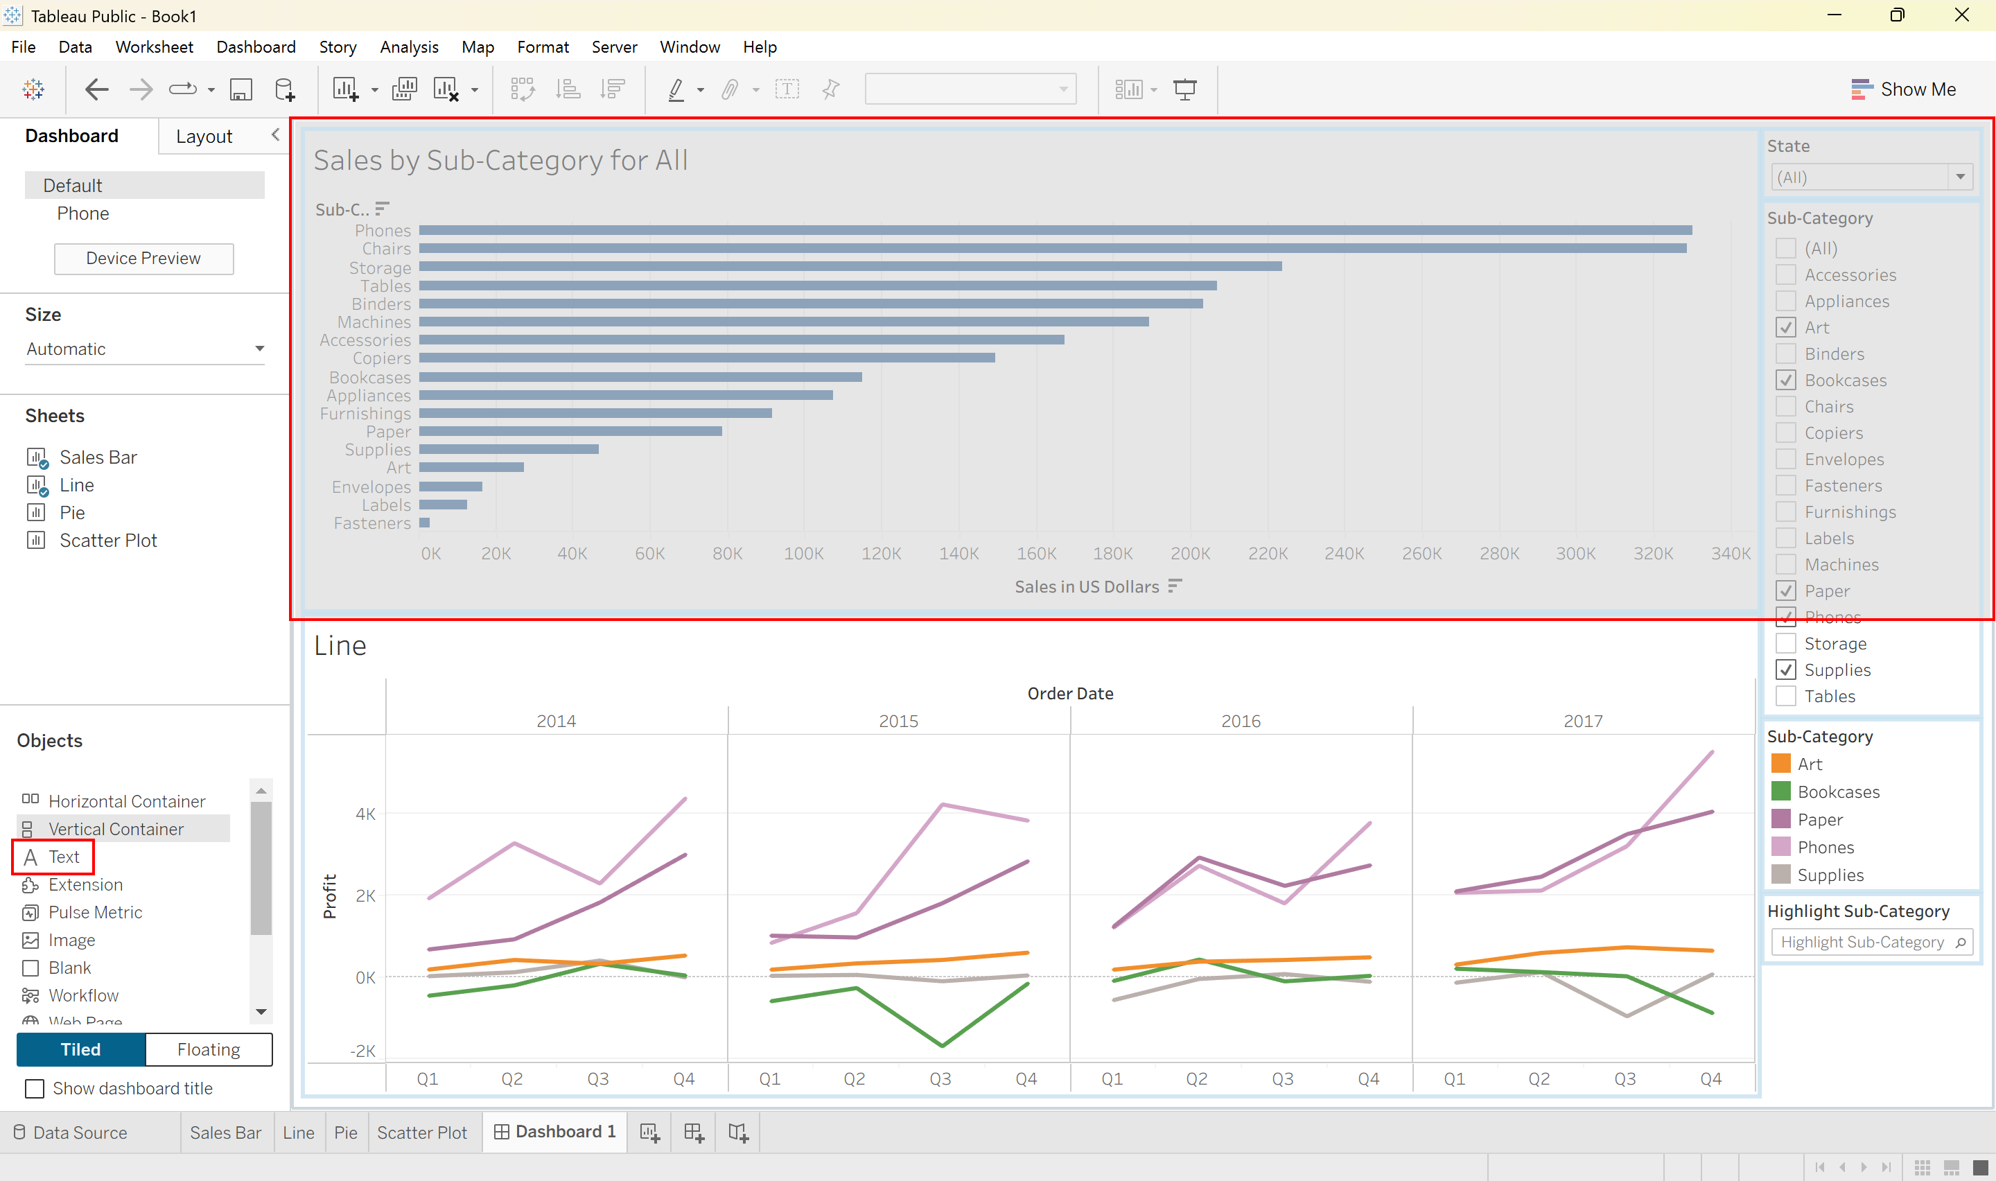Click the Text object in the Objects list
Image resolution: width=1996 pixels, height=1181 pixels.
[x=53, y=857]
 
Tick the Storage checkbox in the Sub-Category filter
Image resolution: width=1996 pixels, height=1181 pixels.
[x=1785, y=643]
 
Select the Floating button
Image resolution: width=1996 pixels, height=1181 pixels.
[x=209, y=1049]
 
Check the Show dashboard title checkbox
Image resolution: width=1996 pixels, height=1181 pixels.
[x=35, y=1088]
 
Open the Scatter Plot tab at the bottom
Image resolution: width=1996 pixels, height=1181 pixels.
[x=421, y=1132]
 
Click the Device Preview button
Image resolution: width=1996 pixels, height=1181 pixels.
[x=143, y=258]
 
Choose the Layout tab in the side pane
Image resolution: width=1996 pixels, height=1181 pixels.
[x=204, y=136]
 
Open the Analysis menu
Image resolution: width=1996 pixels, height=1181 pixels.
[x=409, y=47]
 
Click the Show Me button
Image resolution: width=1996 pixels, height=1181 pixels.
[x=1903, y=89]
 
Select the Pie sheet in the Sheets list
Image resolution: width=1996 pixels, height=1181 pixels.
[x=71, y=512]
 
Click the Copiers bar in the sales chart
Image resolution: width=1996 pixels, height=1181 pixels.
[x=706, y=358]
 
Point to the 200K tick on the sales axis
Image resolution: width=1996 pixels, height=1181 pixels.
[x=1190, y=553]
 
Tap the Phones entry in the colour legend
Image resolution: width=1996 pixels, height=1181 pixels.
[x=1825, y=847]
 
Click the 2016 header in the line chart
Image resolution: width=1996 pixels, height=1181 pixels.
[x=1241, y=721]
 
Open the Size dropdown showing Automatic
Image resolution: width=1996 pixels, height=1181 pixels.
[x=145, y=349]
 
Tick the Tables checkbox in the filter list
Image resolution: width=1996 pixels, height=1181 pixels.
[x=1785, y=696]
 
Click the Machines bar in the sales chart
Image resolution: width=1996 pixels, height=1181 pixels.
[x=784, y=322]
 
